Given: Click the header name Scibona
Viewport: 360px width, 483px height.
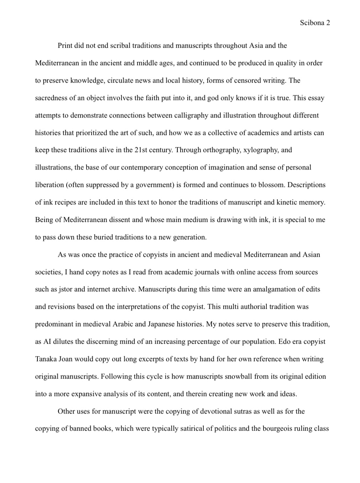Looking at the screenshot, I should click(312, 23).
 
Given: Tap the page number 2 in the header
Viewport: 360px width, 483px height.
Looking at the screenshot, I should click(328, 23).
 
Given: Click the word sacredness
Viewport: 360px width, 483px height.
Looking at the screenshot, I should click(51, 98).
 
